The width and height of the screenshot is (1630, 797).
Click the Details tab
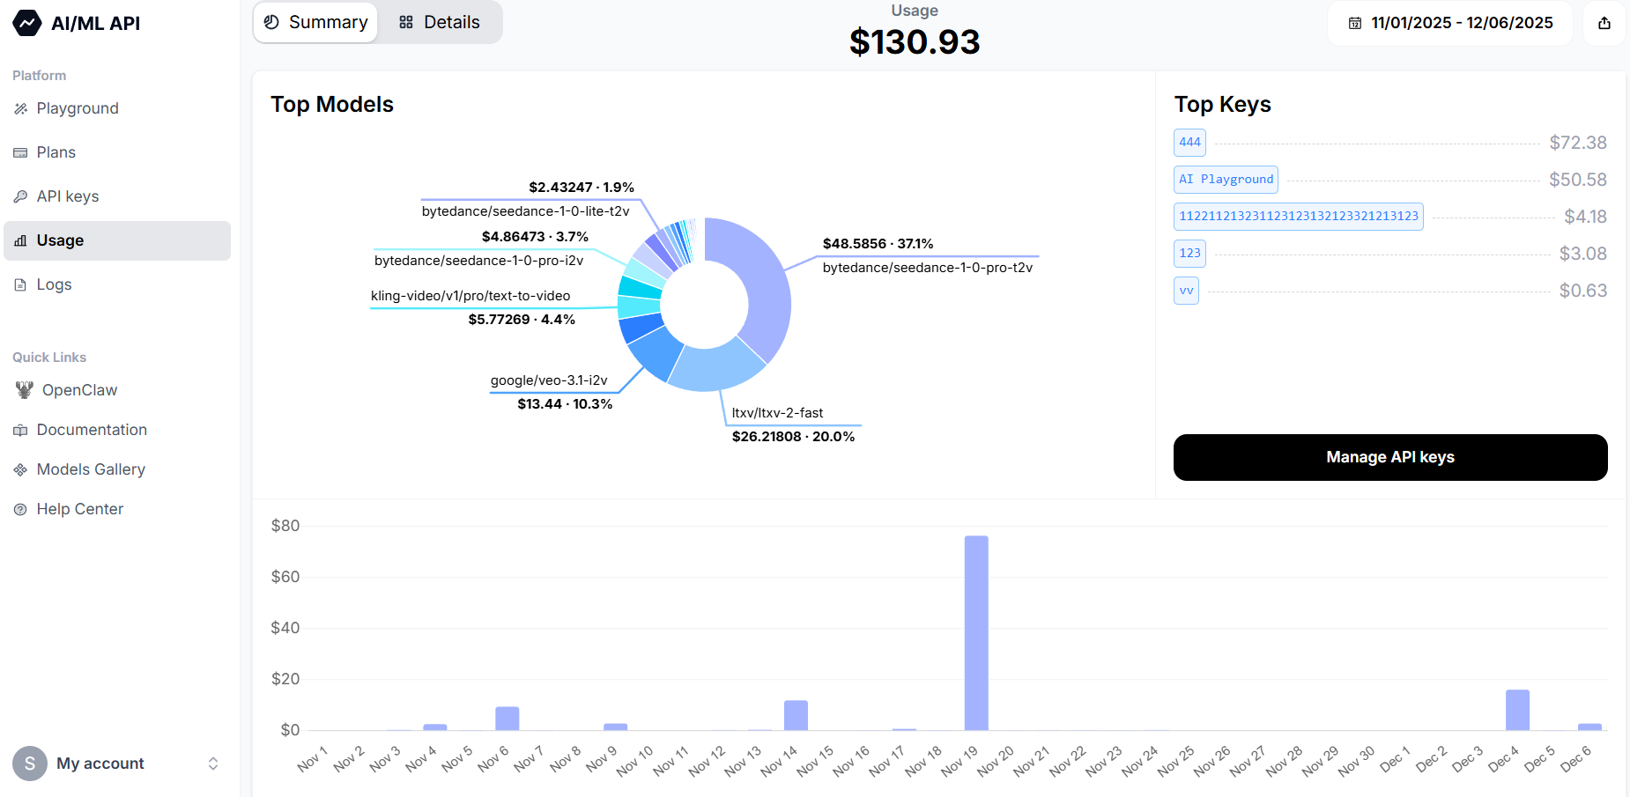pos(440,23)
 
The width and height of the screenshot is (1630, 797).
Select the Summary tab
pos(315,23)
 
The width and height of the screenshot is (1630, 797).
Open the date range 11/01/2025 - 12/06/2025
pos(1450,23)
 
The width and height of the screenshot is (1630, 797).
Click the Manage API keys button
pos(1389,457)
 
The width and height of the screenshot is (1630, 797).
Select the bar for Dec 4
pos(1516,710)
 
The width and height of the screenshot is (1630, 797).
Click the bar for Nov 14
pos(796,715)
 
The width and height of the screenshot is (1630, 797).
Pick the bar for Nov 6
pos(507,718)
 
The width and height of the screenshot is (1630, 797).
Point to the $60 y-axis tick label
pos(285,577)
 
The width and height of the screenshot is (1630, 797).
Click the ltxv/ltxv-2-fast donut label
pos(777,413)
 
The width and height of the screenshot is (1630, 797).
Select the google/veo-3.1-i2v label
pos(549,380)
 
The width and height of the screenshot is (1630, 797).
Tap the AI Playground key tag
pos(1226,180)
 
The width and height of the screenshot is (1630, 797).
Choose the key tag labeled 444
pos(1189,143)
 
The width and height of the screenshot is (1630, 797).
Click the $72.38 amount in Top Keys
pos(1577,143)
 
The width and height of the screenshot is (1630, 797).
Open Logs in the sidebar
pos(54,284)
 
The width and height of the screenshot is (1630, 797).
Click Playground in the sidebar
pos(78,108)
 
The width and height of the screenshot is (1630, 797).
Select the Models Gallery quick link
pos(91,469)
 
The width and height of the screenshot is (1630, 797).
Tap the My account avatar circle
pos(30,764)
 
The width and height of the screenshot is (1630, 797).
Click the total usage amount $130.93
pos(915,42)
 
